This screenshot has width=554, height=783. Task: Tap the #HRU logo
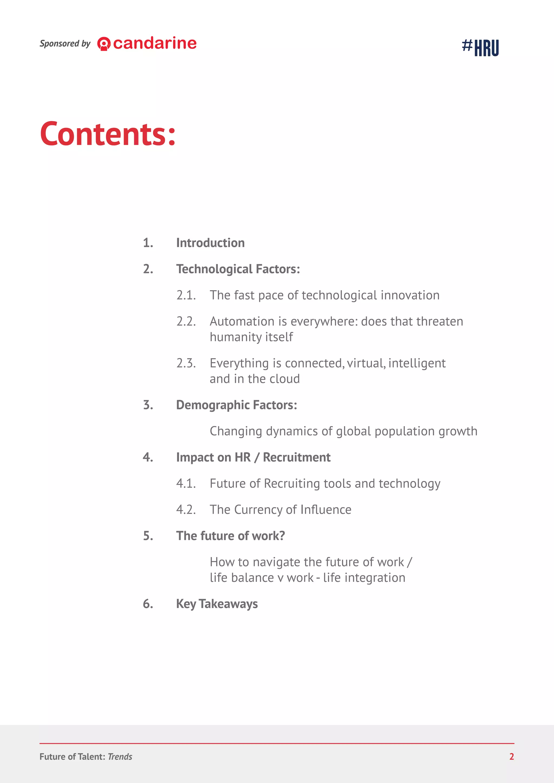click(480, 47)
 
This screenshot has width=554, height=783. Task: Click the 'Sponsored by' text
click(65, 44)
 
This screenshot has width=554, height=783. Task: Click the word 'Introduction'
click(210, 243)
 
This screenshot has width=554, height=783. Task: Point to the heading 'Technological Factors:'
click(238, 269)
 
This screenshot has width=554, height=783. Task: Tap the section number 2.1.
click(186, 295)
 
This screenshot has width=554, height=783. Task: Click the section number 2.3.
click(186, 363)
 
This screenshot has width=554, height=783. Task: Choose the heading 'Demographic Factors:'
click(236, 405)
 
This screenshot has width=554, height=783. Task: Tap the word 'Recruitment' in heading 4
click(296, 457)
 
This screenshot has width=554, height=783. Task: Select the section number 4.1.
click(186, 484)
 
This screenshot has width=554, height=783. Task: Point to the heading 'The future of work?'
click(230, 536)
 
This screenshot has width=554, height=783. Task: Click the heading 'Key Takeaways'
click(217, 604)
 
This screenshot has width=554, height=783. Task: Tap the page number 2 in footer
click(511, 757)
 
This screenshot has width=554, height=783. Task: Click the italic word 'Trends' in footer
click(120, 757)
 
